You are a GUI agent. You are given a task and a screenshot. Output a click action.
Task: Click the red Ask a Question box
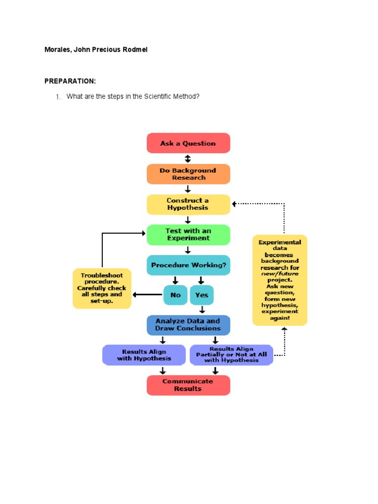pos(189,143)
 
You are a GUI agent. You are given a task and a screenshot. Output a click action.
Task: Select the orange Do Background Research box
pos(189,174)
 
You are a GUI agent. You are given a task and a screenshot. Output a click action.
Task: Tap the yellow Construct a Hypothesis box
pos(189,204)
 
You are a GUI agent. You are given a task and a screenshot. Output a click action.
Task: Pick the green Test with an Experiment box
pos(189,235)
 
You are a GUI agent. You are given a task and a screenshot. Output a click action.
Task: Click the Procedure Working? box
pos(189,265)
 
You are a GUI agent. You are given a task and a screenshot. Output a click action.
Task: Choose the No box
pos(175,295)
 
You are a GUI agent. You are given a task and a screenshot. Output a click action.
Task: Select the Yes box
pos(202,295)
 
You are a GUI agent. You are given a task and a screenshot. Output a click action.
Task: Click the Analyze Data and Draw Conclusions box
pos(189,325)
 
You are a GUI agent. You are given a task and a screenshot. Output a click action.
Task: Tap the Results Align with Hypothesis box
pos(144,355)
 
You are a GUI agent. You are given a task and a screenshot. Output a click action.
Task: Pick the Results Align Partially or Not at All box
pos(231,355)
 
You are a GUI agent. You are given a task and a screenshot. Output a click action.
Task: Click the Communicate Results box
pos(189,385)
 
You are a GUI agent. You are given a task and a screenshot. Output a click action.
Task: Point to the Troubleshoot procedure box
pos(102,288)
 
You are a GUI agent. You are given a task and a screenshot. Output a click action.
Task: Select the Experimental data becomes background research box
pos(280,280)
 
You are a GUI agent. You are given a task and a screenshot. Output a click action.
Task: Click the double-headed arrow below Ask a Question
pos(188,158)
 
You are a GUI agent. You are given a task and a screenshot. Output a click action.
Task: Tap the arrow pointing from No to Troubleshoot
pos(148,295)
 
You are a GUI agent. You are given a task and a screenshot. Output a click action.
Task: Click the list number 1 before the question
pos(58,97)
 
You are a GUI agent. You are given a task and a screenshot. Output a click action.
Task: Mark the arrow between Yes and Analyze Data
pos(202,310)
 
